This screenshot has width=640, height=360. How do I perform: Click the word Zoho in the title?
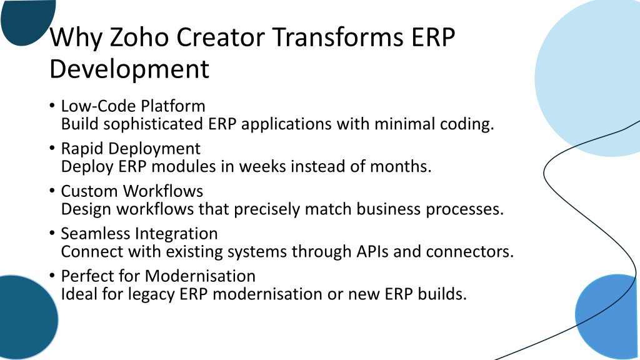(139, 37)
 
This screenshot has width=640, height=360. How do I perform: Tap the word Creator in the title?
(221, 37)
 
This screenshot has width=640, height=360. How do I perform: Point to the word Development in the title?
(129, 68)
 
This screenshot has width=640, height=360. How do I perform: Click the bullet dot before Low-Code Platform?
(52, 106)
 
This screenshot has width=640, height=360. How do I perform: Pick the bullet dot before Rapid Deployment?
(52, 148)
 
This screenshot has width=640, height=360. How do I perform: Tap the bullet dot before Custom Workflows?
(52, 191)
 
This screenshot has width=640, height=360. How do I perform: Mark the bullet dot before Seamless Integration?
(52, 233)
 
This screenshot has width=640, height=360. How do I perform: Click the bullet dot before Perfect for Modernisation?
(52, 276)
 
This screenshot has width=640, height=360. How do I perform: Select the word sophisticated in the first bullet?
(153, 124)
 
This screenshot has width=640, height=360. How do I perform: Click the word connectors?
(470, 252)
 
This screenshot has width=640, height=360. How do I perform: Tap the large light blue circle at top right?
(592, 77)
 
